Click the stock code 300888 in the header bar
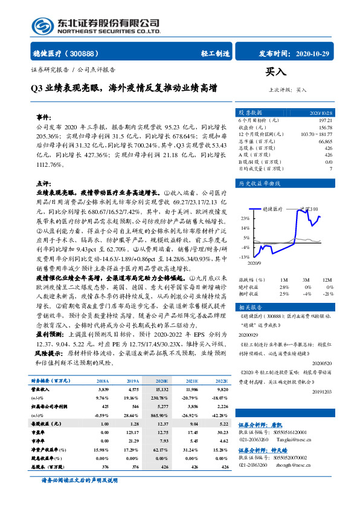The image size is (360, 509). (x=90, y=54)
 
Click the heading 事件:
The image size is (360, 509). (x=44, y=117)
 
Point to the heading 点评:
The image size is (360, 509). (x=44, y=182)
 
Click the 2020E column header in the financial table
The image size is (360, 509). (x=162, y=381)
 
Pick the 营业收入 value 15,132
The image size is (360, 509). (x=161, y=391)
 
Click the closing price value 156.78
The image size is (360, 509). (x=325, y=128)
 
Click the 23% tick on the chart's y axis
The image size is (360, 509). (x=245, y=218)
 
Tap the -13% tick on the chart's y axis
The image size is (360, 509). (x=244, y=257)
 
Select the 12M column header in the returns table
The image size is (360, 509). (x=327, y=280)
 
